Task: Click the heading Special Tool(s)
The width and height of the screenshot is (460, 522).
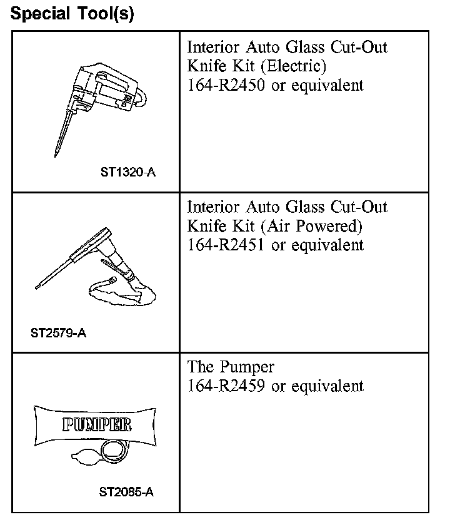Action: (72, 14)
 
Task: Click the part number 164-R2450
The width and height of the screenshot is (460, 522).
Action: (226, 85)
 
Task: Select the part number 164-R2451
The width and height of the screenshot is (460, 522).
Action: (226, 245)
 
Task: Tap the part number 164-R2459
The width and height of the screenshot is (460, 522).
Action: (226, 386)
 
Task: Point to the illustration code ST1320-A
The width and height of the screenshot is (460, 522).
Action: (127, 171)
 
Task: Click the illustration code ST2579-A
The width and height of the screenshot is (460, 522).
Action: (58, 332)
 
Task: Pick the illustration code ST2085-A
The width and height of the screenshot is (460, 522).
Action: (126, 492)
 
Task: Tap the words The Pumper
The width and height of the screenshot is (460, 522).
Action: (231, 367)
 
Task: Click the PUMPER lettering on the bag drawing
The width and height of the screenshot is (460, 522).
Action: (97, 426)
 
